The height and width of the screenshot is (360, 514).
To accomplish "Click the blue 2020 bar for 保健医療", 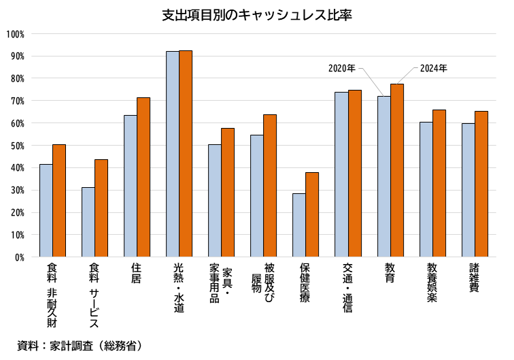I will point(299,225).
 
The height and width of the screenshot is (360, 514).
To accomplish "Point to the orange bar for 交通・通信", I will point(355,174).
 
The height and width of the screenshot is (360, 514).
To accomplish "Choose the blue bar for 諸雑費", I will point(468,190).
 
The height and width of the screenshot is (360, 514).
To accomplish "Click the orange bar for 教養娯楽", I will point(439,183).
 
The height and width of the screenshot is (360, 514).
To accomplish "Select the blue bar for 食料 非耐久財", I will point(46,210).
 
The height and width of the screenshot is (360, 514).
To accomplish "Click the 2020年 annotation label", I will point(342,68).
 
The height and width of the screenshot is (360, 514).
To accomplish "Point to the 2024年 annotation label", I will point(434,68).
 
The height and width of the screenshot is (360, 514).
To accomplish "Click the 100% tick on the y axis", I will point(15,34).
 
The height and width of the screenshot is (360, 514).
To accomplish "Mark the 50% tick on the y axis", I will point(16,146).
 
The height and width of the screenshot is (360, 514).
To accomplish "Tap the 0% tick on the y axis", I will point(19,257).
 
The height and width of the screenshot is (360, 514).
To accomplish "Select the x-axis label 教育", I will point(390,273).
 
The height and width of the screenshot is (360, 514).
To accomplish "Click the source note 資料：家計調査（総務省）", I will point(80,346).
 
